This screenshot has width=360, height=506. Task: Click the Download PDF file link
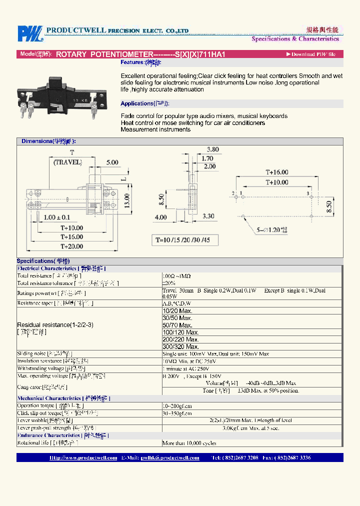[x=310, y=54]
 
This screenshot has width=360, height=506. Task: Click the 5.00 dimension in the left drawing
[x=112, y=162]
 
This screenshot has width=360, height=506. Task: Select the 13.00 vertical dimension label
[x=127, y=200]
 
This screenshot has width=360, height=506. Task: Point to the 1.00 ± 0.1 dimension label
[x=56, y=217]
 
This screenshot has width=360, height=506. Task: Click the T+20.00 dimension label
[x=72, y=246]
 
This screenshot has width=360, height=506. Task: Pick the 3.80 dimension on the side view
[x=212, y=149]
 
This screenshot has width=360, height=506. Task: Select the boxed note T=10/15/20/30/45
[x=185, y=240]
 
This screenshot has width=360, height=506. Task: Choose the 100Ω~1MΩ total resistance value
[x=177, y=276]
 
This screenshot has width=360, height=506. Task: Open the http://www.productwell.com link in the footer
[x=83, y=458]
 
